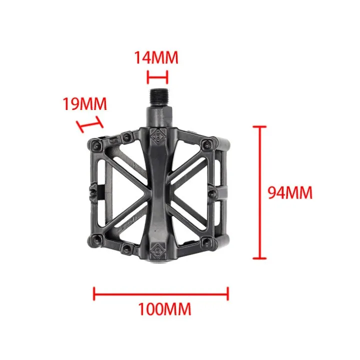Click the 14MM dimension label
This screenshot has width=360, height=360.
[x=156, y=57]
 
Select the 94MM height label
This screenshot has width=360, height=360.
[x=290, y=192]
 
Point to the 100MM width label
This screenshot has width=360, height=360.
[x=164, y=309]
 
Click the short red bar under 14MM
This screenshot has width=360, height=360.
[x=157, y=77]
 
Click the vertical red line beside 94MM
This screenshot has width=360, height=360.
[x=259, y=192]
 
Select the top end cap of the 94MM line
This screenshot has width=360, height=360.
[x=259, y=127]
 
